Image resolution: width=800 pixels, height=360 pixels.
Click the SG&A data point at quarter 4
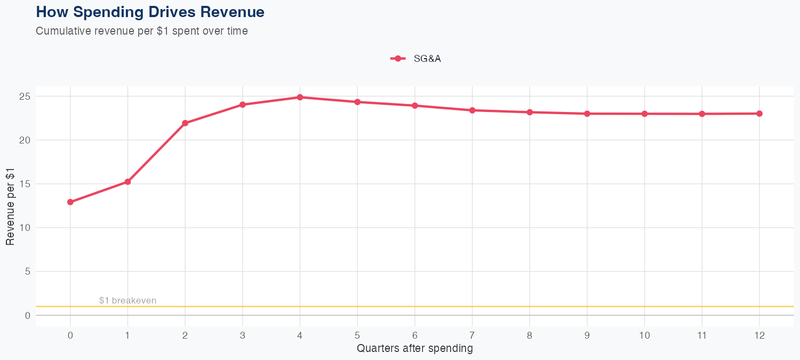300,97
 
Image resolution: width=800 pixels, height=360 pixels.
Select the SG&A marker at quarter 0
70,202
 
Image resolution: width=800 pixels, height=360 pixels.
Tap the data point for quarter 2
185,123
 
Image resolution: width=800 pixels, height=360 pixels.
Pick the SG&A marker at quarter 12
759,114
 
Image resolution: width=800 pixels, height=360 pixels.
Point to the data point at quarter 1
127,182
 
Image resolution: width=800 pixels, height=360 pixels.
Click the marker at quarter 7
472,110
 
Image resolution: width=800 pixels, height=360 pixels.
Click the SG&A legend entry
416,59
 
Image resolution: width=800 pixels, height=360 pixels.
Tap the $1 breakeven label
127,300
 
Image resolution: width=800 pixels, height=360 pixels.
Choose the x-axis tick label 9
587,335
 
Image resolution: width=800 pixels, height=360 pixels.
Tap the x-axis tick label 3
242,335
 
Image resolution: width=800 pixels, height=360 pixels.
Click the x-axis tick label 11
702,335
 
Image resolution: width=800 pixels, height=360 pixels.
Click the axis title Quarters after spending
414,349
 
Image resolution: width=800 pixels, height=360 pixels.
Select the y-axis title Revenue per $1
10,206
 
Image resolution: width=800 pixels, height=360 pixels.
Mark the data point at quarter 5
357,102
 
